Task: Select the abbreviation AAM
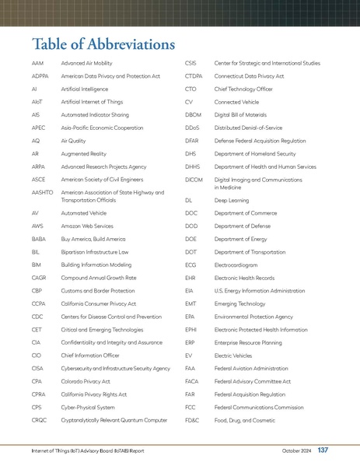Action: pyautogui.click(x=38, y=62)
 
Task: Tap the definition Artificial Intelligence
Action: pyautogui.click(x=85, y=89)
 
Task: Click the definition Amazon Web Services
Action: pyautogui.click(x=88, y=225)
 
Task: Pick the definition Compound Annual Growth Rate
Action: pyautogui.click(x=99, y=277)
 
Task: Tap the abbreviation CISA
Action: pyautogui.click(x=38, y=368)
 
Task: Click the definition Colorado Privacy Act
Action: pyautogui.click(x=86, y=381)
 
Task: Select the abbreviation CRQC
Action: pyautogui.click(x=40, y=420)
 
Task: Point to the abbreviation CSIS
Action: pyautogui.click(x=192, y=62)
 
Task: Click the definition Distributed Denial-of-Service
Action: pyautogui.click(x=253, y=128)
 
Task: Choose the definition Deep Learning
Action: pyautogui.click(x=232, y=200)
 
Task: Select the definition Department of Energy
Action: pyautogui.click(x=246, y=239)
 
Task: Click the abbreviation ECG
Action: pyautogui.click(x=192, y=265)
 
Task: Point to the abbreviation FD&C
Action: pyautogui.click(x=193, y=420)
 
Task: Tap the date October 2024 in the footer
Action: pyautogui.click(x=296, y=451)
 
